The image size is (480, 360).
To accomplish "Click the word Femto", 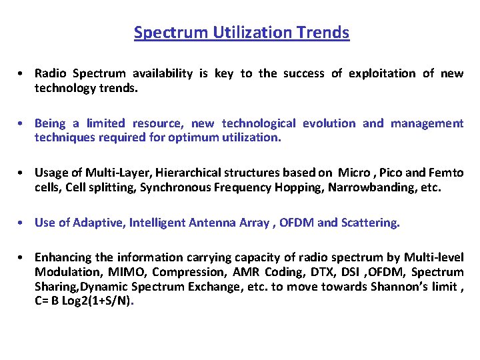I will [x=447, y=173].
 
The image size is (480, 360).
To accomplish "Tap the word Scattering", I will [x=369, y=223].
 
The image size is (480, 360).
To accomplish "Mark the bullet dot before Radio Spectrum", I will [x=23, y=74].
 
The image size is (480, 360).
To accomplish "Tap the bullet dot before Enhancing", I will [x=23, y=257].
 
